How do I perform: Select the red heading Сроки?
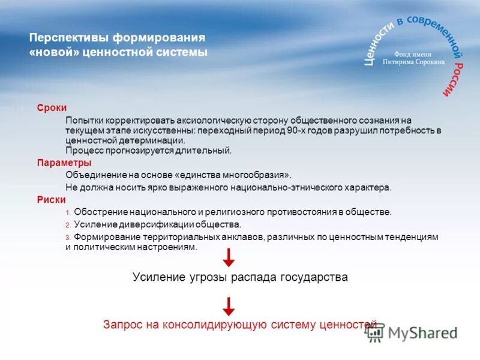coord(52,107)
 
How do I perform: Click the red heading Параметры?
coord(64,163)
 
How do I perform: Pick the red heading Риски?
coord(51,200)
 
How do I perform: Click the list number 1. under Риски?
coord(68,213)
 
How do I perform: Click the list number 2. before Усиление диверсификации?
coord(68,225)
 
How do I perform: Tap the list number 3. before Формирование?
coord(68,238)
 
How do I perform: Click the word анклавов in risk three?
coord(242,238)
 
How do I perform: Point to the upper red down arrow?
coord(229,259)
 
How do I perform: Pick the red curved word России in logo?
coord(454,78)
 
